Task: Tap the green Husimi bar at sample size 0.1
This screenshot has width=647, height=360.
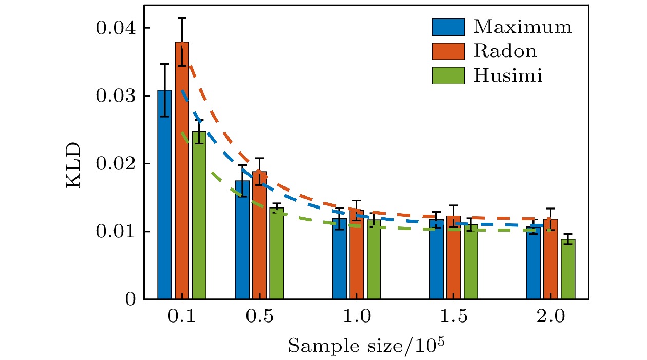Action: pos(199,216)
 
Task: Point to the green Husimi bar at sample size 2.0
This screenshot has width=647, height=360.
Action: pos(568,269)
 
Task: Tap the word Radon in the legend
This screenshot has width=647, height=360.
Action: pos(505,51)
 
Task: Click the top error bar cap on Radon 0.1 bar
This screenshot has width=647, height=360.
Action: pos(182,18)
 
